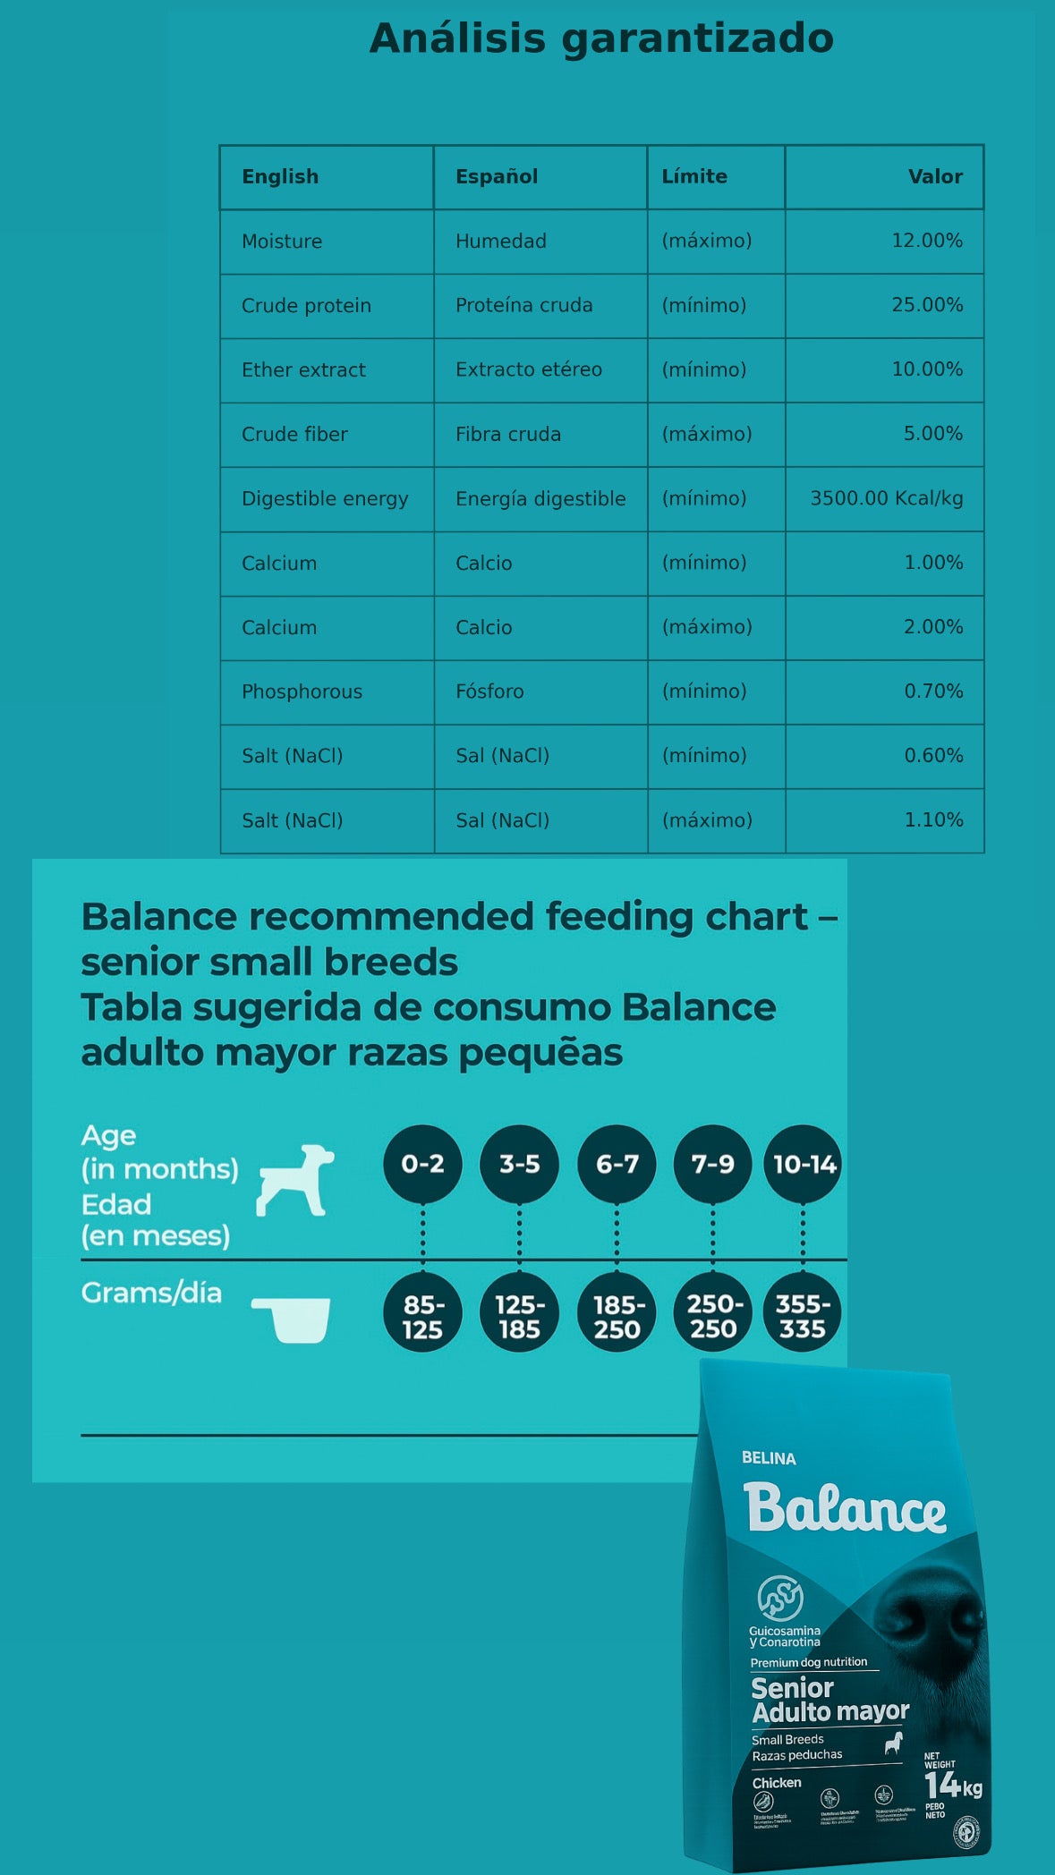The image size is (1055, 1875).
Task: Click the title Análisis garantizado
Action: coord(601,38)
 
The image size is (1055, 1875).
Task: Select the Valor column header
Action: coord(935,176)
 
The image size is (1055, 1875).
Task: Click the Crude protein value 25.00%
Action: coord(927,305)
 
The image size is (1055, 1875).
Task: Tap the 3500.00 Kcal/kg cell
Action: coord(886,498)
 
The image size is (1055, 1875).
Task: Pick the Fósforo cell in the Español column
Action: coord(489,691)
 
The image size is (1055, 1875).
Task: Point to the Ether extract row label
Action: coord(303,369)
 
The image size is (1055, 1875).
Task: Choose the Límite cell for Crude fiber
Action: coord(707,434)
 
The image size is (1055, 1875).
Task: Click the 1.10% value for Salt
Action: coord(933,820)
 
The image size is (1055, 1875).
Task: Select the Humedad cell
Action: coord(500,241)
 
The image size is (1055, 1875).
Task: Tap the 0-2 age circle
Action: coord(422,1164)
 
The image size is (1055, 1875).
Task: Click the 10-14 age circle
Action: coord(803,1164)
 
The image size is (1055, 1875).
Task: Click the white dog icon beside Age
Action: coord(295,1180)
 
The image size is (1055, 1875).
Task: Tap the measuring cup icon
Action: coord(292,1319)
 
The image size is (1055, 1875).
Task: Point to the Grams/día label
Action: coord(151,1293)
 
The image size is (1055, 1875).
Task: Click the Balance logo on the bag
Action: coord(844,1508)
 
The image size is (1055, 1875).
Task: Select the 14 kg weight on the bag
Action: coord(952,1786)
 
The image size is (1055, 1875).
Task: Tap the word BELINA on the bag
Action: coord(769,1458)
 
